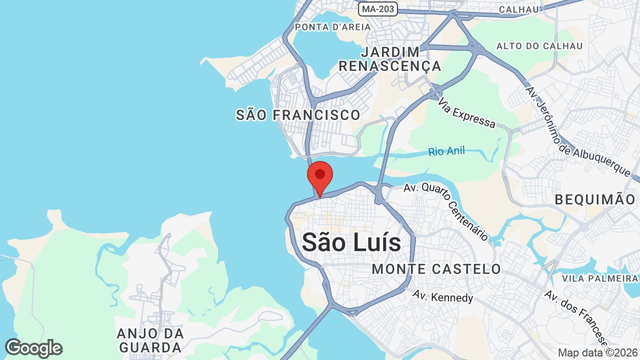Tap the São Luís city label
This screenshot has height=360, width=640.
click(351, 242)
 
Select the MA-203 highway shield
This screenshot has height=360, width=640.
click(377, 8)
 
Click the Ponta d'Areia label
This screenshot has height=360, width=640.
click(333, 27)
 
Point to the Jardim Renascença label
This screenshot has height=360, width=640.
click(390, 59)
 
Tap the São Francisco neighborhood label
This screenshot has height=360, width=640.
click(298, 115)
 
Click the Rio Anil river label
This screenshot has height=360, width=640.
click(446, 151)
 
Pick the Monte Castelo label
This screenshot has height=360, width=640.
click(436, 269)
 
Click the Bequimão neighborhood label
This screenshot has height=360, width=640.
click(595, 199)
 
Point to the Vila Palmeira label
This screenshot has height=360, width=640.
click(599, 278)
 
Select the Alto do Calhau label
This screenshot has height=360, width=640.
click(539, 46)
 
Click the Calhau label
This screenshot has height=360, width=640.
click(519, 9)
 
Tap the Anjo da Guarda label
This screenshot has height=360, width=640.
click(149, 340)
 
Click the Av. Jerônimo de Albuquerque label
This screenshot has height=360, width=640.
click(577, 131)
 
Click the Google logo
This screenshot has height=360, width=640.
click(34, 348)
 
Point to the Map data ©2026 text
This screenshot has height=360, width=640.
click(598, 352)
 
